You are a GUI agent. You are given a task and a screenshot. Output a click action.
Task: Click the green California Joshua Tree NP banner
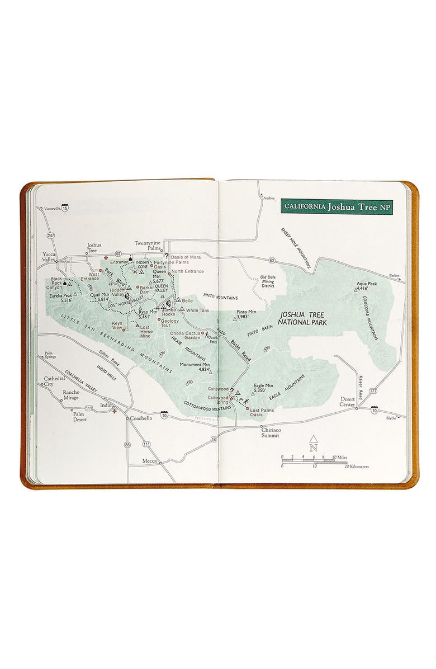tap(336, 206)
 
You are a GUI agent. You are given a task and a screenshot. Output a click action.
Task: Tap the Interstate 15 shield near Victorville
tap(65, 208)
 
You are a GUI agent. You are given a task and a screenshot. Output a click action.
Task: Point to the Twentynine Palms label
tap(148, 246)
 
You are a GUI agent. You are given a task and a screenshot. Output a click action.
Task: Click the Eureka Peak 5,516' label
tap(61, 298)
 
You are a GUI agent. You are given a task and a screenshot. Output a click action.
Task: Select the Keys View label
tap(117, 326)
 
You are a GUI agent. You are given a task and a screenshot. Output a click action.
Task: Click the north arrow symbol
tap(314, 444)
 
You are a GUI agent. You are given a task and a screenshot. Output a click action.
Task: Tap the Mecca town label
tap(150, 461)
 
